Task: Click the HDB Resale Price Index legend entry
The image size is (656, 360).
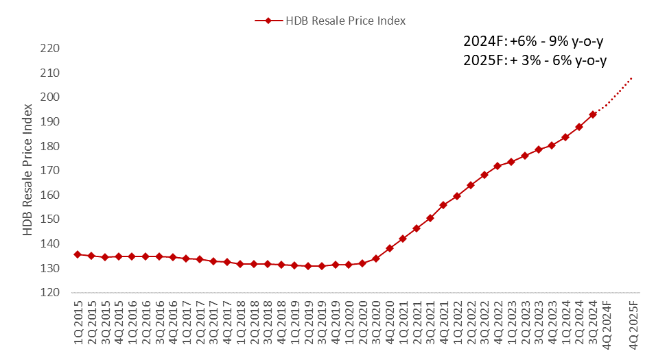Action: click(x=330, y=21)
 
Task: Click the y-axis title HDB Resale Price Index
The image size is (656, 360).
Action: click(x=28, y=170)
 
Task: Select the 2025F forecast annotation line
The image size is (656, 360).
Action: click(x=535, y=60)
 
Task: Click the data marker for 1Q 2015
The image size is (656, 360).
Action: click(x=77, y=254)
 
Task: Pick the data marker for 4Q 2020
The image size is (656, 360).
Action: click(x=389, y=248)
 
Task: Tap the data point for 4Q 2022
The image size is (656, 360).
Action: click(x=497, y=166)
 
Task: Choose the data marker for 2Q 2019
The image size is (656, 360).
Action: click(x=308, y=266)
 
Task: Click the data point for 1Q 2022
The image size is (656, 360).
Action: click(x=457, y=196)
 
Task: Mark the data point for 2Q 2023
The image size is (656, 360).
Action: click(x=525, y=156)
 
